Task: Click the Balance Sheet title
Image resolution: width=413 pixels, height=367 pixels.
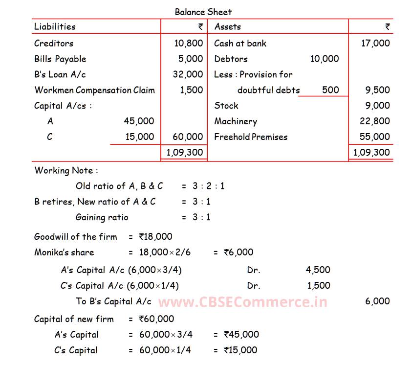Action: [x=203, y=11]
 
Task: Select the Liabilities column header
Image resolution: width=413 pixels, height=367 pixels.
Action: [x=55, y=26]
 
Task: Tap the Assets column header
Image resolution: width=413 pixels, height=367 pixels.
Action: [x=227, y=26]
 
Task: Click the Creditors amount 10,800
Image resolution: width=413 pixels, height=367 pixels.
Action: [x=188, y=43]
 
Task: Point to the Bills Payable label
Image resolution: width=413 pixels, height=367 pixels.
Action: [x=60, y=59]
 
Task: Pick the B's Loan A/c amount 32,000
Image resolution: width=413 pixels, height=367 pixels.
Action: [x=188, y=74]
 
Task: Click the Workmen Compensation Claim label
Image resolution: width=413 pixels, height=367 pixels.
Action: [x=94, y=90]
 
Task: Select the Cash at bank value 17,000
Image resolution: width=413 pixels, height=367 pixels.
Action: [x=375, y=43]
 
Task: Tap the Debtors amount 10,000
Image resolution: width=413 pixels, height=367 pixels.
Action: [x=324, y=59]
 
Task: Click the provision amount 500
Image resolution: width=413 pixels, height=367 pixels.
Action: [x=330, y=90]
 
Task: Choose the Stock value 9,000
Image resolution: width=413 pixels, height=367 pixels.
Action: [x=378, y=106]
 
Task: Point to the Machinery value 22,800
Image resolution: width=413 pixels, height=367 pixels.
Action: [x=375, y=121]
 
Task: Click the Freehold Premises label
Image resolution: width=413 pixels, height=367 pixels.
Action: [x=251, y=137]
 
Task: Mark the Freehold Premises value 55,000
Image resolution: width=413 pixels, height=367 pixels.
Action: [x=375, y=137]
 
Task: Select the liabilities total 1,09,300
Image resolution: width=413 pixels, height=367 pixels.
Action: [x=184, y=152]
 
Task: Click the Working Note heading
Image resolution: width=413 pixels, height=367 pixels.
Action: [x=66, y=170]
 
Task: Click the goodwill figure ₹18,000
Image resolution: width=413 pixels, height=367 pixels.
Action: [x=155, y=237]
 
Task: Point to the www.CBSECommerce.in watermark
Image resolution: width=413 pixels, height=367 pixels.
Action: [x=242, y=302]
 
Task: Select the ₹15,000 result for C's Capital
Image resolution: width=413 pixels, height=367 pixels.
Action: [x=240, y=350]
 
